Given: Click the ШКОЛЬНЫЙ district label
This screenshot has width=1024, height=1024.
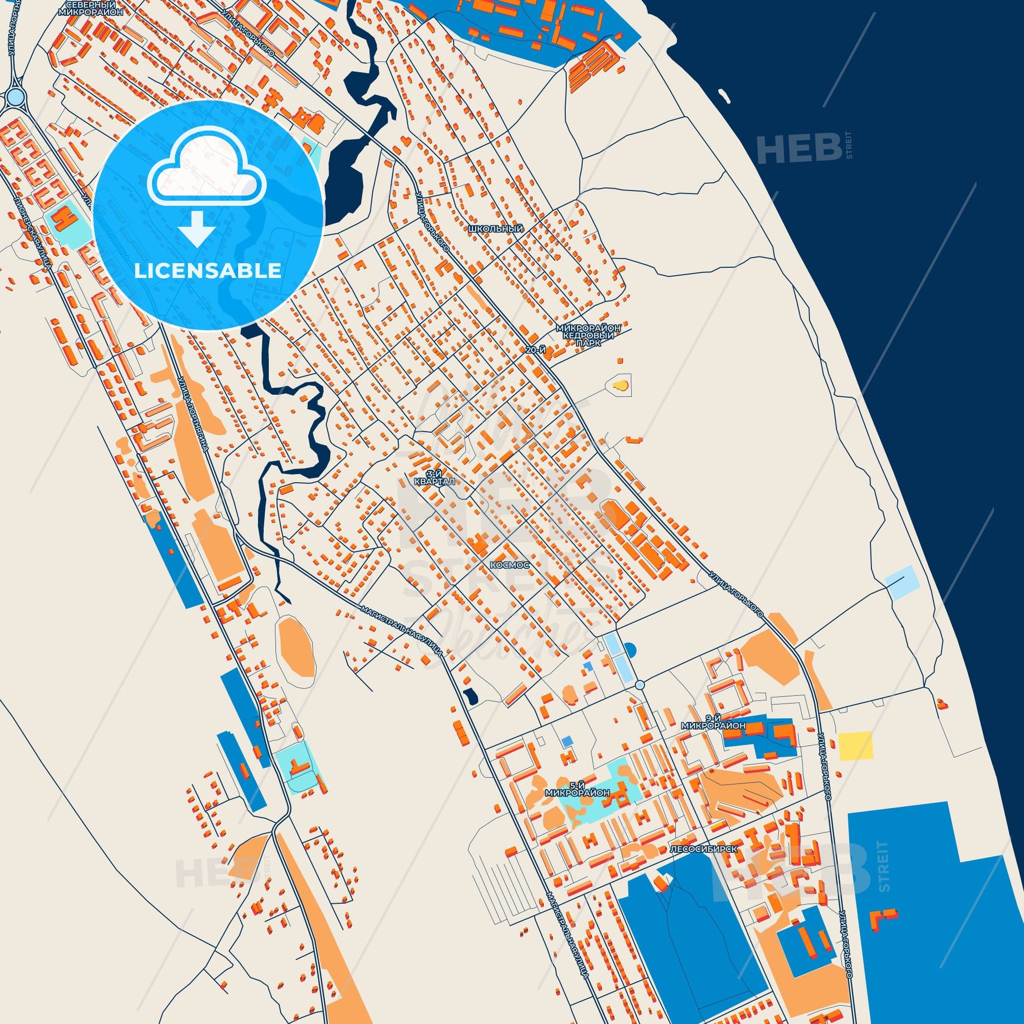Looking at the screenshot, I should pyautogui.click(x=496, y=229).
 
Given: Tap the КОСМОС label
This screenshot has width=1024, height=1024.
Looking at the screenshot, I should pyautogui.click(x=510, y=566).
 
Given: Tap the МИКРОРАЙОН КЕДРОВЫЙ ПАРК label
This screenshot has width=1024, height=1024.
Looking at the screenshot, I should pyautogui.click(x=588, y=336).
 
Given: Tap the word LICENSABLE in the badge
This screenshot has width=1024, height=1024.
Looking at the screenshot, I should pyautogui.click(x=207, y=271).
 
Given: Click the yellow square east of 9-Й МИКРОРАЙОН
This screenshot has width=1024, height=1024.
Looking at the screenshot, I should pyautogui.click(x=855, y=746).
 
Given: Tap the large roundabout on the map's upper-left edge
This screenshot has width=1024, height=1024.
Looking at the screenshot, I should pyautogui.click(x=16, y=96).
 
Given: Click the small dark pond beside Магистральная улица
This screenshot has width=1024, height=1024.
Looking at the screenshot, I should pyautogui.click(x=469, y=696).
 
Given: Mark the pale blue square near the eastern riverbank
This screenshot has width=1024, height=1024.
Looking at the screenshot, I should pyautogui.click(x=899, y=583).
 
